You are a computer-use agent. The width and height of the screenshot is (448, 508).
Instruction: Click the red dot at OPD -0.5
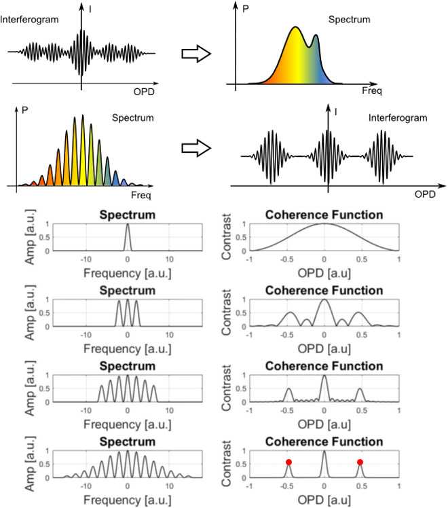(288, 462)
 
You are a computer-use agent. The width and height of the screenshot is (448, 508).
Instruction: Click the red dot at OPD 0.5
(360, 462)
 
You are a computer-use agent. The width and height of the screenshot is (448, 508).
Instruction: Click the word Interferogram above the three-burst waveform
(398, 118)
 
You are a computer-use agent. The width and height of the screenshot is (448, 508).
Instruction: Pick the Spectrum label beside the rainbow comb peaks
(134, 117)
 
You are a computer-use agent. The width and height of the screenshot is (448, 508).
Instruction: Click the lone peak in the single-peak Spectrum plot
(128, 228)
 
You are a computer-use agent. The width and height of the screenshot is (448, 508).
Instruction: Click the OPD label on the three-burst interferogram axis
(425, 194)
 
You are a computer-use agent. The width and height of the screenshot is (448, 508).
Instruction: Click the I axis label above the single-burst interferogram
(90, 8)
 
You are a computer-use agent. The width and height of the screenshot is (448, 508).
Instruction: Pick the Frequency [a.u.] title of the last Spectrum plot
(128, 501)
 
